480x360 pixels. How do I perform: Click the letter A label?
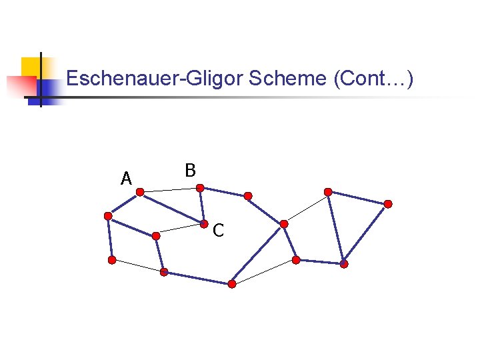click(126, 179)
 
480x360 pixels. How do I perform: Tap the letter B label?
click(190, 171)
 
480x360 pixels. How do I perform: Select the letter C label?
click(218, 231)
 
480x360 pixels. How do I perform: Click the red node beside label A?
click(140, 192)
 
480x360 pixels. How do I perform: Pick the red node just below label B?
click(200, 189)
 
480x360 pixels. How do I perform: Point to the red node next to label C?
click(205, 223)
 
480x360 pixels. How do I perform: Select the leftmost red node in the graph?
click(108, 216)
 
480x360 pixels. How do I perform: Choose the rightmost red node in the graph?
click(388, 204)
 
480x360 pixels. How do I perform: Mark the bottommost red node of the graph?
click(232, 284)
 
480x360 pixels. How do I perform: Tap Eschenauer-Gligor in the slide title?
click(155, 79)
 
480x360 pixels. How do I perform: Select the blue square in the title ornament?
click(48, 89)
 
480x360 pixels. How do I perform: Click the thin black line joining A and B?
click(170, 191)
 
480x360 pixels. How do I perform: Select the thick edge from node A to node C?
click(172, 207)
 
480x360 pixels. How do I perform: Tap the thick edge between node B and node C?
click(202, 206)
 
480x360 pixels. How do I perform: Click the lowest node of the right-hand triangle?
click(344, 264)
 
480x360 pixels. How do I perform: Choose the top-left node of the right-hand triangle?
click(328, 192)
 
